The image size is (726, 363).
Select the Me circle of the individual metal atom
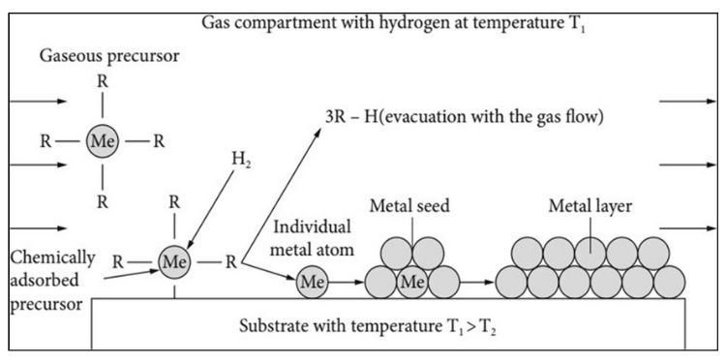pos(311,283)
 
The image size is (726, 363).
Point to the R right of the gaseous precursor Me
pos(159,140)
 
